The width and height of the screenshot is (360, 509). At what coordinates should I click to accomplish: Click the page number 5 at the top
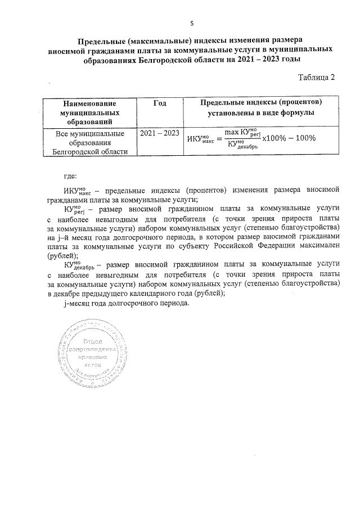click(x=192, y=23)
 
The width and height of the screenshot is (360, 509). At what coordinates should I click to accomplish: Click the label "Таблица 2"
click(x=316, y=78)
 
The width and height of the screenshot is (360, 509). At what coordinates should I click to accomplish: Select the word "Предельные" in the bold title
click(x=102, y=40)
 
